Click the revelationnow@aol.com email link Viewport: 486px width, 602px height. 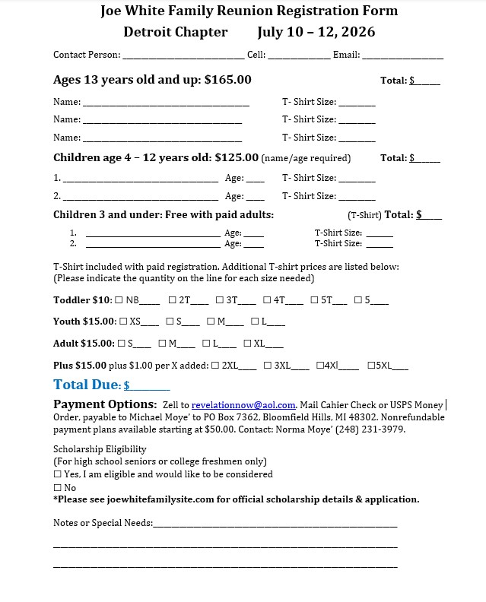pos(243,405)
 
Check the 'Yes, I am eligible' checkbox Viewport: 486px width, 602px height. pos(58,474)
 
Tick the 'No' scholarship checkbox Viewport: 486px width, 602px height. pos(58,488)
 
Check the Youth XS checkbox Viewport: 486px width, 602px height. pos(122,322)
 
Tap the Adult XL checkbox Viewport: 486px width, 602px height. pos(248,344)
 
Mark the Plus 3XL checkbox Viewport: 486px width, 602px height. pos(268,366)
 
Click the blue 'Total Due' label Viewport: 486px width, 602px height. pos(87,385)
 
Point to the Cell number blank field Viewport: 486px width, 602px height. pos(299,55)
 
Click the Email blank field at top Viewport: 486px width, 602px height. pos(402,55)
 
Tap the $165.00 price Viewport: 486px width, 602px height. pos(227,80)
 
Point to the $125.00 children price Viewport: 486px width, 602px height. pos(237,158)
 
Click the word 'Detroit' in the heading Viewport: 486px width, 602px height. pos(148,32)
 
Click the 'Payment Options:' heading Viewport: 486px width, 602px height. pos(105,404)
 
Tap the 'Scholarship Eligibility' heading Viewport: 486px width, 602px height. pos(100,449)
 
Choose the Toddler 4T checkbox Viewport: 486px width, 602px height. pos(267,300)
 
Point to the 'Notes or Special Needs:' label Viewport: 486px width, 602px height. pos(103,523)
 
